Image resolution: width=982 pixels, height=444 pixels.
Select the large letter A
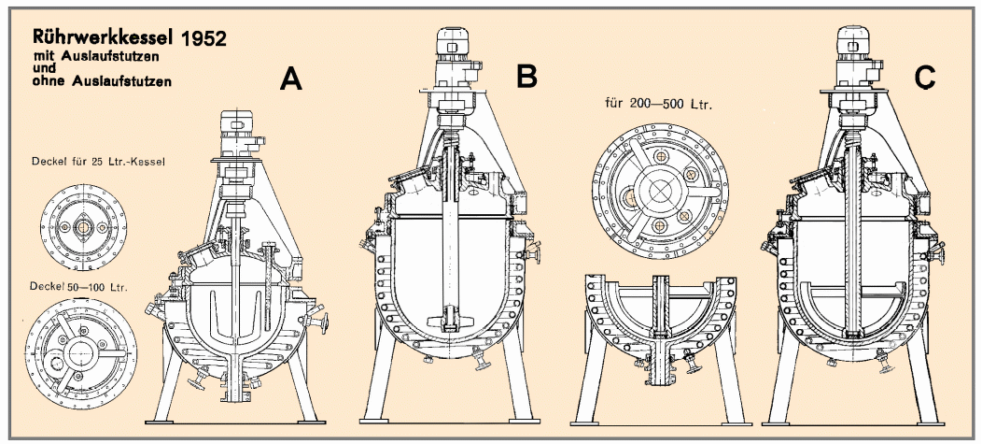click(x=292, y=82)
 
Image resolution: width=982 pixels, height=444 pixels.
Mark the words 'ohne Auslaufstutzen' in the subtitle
click(x=89, y=82)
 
